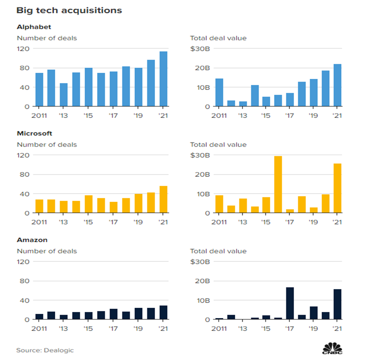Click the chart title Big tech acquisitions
[69, 10]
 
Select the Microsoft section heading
[34, 134]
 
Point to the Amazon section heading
[32, 240]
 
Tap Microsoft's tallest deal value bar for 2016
[278, 185]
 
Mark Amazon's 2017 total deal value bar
[291, 303]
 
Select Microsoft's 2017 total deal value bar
[291, 211]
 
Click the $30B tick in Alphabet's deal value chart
[199, 48]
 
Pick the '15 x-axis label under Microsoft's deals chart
[89, 222]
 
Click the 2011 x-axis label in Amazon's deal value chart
[219, 329]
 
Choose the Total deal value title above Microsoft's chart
[218, 144]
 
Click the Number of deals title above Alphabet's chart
[47, 38]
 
